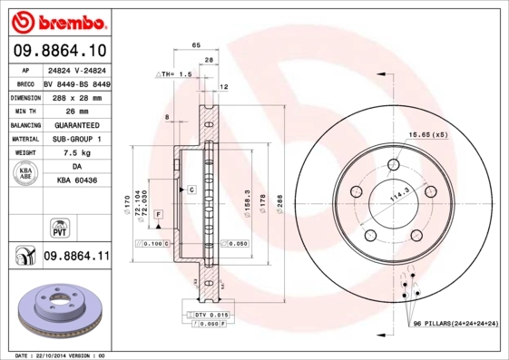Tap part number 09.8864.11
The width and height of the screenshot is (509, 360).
(x=77, y=258)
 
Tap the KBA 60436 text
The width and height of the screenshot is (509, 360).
(x=76, y=182)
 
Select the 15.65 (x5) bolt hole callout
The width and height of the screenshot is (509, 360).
(x=428, y=134)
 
